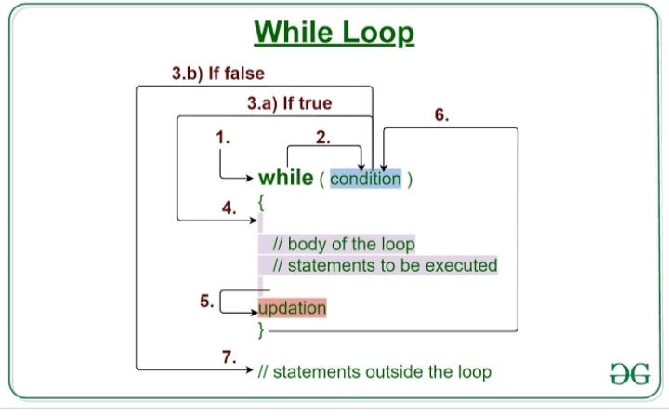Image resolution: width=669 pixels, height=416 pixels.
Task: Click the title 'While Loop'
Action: (334, 34)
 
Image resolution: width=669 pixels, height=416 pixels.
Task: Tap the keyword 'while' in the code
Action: (285, 178)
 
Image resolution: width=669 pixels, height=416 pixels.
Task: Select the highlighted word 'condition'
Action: (365, 179)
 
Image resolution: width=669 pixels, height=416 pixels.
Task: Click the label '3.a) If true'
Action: (289, 104)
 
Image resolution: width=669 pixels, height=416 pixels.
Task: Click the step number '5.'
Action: (207, 301)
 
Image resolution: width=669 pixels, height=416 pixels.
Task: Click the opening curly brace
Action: (262, 201)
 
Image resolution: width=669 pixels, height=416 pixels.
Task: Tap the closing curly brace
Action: (262, 329)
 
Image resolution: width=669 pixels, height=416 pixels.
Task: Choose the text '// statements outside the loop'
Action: (374, 372)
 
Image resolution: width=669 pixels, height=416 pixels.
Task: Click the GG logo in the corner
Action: (627, 374)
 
